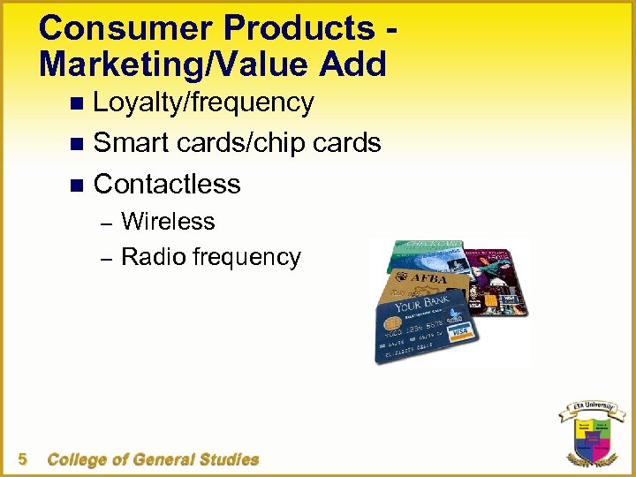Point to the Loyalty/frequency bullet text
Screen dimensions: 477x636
point(203,103)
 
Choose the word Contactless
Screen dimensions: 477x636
point(167,184)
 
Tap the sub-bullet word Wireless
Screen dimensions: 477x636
point(168,221)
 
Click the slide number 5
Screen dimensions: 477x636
point(23,458)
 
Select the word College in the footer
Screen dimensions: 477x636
point(78,459)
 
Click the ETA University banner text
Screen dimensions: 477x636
point(591,409)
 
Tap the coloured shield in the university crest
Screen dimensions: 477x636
point(591,437)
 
